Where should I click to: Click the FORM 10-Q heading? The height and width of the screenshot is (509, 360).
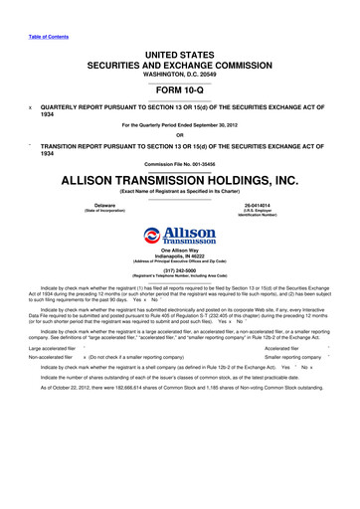tap(180, 85)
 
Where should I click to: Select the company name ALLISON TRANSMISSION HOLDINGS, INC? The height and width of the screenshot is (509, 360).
tap(180, 181)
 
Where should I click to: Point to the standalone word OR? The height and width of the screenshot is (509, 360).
tap(180, 136)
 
